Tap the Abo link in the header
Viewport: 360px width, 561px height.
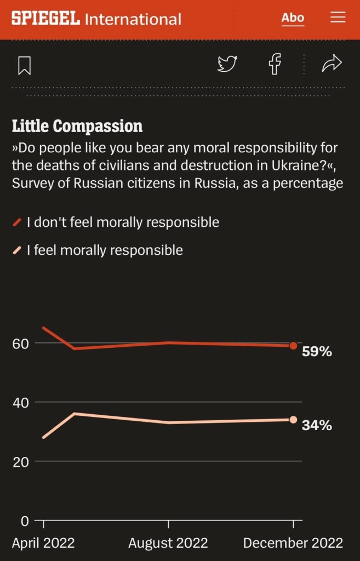tap(293, 18)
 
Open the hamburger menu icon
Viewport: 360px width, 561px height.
tap(338, 18)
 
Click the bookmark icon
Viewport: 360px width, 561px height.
tap(24, 65)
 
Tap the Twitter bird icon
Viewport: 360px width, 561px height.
tap(227, 64)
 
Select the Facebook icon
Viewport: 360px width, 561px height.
tap(275, 64)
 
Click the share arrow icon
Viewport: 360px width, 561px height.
tap(332, 64)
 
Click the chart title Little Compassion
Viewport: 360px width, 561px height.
tap(77, 126)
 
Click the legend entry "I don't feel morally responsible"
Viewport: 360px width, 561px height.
tap(123, 222)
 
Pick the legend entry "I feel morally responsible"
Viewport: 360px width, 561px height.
tap(105, 250)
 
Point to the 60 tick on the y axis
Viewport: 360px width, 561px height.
tap(20, 344)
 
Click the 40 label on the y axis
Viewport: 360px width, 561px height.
tap(20, 403)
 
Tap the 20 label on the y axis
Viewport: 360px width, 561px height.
tap(20, 462)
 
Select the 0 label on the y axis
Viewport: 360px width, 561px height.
tap(24, 520)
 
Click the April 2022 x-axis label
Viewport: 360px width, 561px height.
tap(43, 543)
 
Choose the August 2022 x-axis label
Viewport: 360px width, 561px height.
tap(168, 543)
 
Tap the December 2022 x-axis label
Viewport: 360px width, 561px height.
tap(293, 543)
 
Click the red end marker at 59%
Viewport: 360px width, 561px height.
tap(293, 346)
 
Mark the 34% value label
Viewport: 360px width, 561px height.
tap(317, 425)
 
